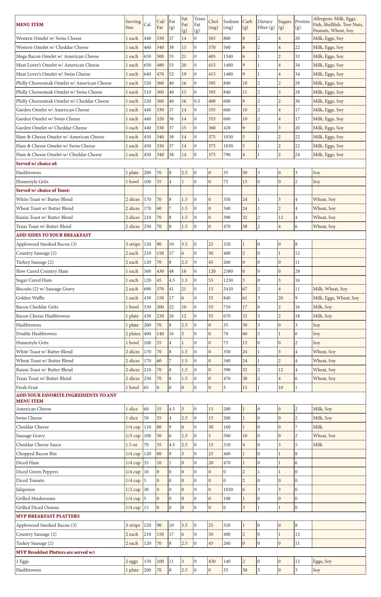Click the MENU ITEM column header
point(30,25)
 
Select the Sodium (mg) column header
point(231,24)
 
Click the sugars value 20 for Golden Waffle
point(281,298)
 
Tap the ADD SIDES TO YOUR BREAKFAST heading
point(54,235)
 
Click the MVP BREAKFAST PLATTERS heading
point(48,516)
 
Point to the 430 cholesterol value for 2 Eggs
point(212,561)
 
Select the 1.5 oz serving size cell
point(131,445)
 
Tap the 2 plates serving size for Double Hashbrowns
point(133,334)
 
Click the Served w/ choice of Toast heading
point(43,190)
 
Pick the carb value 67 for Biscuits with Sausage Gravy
point(245,289)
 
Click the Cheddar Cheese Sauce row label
point(39,445)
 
